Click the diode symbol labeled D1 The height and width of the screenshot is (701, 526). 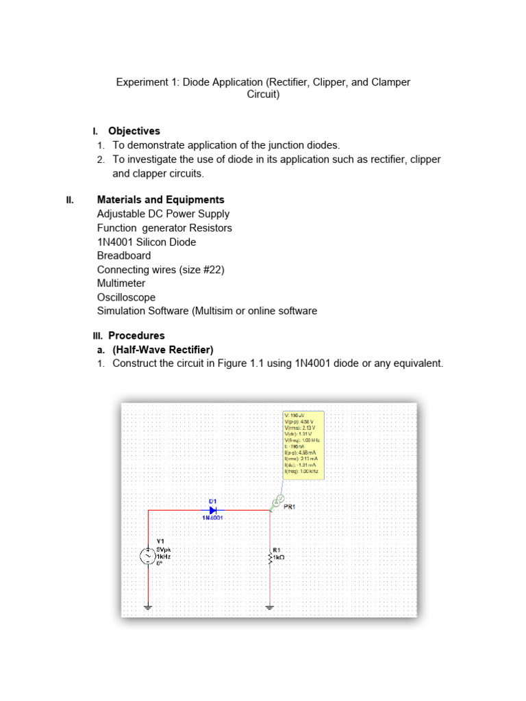(x=213, y=509)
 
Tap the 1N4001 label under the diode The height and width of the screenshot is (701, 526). (x=212, y=518)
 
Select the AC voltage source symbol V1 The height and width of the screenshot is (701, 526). (x=149, y=557)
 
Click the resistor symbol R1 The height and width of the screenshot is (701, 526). (x=270, y=558)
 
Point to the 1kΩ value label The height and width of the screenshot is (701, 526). (x=278, y=558)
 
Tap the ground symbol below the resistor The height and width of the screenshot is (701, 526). (x=270, y=606)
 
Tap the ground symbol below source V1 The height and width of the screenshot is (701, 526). (x=149, y=606)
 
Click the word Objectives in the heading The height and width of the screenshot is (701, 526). (x=134, y=131)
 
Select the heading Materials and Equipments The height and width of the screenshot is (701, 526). (x=160, y=200)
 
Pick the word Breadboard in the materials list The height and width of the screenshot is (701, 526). (x=124, y=255)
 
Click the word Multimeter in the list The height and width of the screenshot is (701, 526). (x=121, y=283)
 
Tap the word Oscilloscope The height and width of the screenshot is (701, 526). (x=126, y=297)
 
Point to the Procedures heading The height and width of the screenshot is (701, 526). (x=136, y=335)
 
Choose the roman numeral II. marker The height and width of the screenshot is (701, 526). (x=70, y=200)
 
